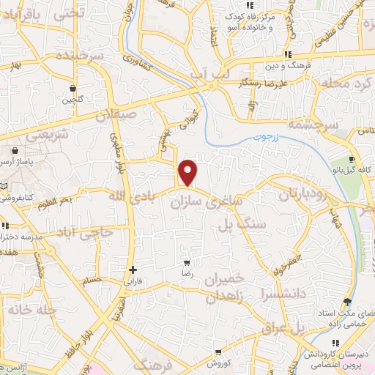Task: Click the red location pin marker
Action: [189, 171]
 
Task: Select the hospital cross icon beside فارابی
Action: [133, 270]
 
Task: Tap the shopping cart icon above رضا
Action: [187, 262]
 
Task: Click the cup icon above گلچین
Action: [73, 88]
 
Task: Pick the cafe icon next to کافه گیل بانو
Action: [352, 160]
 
